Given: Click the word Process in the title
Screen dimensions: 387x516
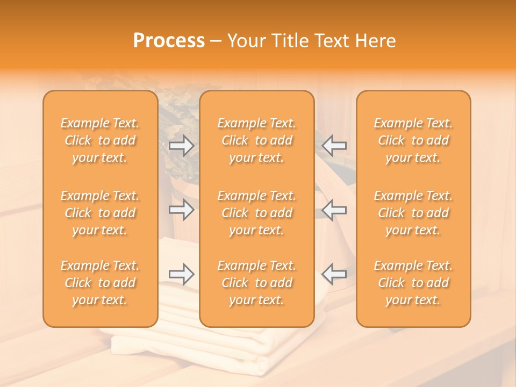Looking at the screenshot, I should [169, 41].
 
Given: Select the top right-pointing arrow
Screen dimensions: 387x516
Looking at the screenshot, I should [181, 145].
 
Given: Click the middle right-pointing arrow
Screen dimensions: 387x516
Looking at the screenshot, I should [181, 210].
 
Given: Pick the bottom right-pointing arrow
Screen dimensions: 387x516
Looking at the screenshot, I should [181, 274].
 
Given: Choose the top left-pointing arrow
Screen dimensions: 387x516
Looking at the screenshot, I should [334, 145].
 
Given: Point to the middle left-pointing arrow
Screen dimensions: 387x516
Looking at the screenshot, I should [334, 210].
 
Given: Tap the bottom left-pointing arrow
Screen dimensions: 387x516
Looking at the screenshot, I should [334, 274].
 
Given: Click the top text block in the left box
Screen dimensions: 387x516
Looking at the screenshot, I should [100, 140].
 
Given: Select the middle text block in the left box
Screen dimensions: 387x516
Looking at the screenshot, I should [100, 213].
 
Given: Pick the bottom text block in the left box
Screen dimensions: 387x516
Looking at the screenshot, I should [100, 283].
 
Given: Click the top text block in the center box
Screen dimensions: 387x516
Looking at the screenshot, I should [257, 140].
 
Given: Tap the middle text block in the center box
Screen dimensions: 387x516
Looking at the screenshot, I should [257, 213].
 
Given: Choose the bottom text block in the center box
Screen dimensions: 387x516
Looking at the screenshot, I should [257, 283].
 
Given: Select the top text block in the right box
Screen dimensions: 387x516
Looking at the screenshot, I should [413, 140].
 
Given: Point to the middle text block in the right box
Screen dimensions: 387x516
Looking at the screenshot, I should [413, 213].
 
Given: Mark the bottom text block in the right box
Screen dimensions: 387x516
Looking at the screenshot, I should [413, 283].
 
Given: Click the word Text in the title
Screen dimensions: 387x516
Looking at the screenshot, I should [331, 41].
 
